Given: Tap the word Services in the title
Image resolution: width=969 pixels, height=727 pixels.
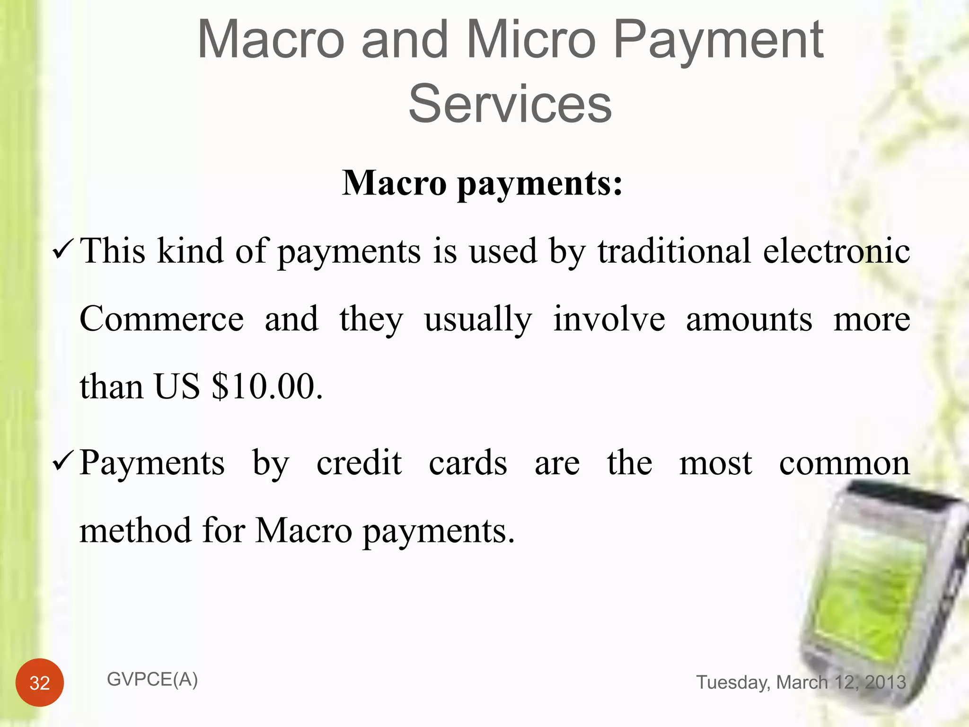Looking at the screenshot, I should pos(510,104).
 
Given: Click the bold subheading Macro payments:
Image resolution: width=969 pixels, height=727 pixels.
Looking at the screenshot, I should pos(482,183).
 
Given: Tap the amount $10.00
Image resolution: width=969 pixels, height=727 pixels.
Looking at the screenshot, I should pos(267,386).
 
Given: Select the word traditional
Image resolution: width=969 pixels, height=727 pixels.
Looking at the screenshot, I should pos(674,250).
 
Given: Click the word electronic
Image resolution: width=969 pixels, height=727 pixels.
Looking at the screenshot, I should pos(836,250).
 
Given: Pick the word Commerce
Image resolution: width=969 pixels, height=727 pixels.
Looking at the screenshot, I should pos(161,319).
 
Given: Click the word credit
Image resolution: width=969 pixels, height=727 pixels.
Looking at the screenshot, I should pos(359,462).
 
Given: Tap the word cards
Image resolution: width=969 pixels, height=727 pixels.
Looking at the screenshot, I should pos(468,462).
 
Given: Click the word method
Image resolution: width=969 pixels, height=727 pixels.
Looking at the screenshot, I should pos(135,530).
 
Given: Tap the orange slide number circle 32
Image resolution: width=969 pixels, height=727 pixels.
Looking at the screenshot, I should pos(40,683).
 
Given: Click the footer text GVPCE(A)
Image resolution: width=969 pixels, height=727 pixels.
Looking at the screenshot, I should pos(152,680).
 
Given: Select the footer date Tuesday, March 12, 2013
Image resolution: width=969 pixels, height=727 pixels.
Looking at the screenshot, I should pos(801,683).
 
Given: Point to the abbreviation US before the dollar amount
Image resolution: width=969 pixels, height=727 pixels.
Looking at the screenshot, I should pos(177,386).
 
